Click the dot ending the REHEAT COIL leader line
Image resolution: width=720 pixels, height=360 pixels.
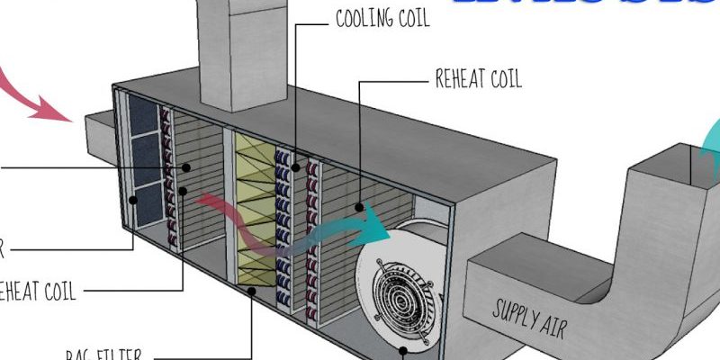[x=360, y=207]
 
